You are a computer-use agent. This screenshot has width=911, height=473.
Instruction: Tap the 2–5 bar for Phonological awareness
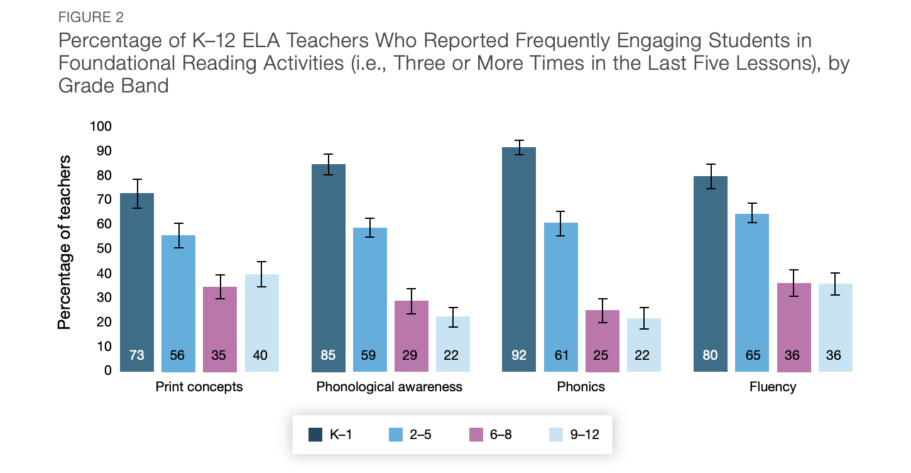click(369, 299)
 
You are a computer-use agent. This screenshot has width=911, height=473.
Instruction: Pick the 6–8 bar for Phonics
click(602, 340)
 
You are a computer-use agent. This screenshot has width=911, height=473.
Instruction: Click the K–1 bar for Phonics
click(519, 259)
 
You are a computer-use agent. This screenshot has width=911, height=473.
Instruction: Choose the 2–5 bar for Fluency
click(752, 292)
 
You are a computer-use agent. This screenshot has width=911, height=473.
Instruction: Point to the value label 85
click(328, 355)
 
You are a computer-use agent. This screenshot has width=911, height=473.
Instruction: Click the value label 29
click(411, 355)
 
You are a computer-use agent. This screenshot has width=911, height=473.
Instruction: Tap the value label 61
click(561, 355)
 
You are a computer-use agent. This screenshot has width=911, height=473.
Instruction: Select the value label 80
click(710, 355)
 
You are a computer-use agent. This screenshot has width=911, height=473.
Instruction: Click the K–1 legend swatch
click(315, 434)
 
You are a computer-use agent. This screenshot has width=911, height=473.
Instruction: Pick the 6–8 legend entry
click(490, 434)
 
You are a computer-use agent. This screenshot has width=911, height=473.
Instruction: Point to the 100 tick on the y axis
click(101, 126)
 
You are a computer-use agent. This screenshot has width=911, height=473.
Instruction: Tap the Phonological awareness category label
click(390, 387)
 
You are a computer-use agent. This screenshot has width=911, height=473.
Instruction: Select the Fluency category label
click(772, 387)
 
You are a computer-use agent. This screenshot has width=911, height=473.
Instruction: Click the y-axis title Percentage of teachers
click(64, 242)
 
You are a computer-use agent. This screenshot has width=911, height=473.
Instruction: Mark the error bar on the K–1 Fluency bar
click(710, 176)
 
